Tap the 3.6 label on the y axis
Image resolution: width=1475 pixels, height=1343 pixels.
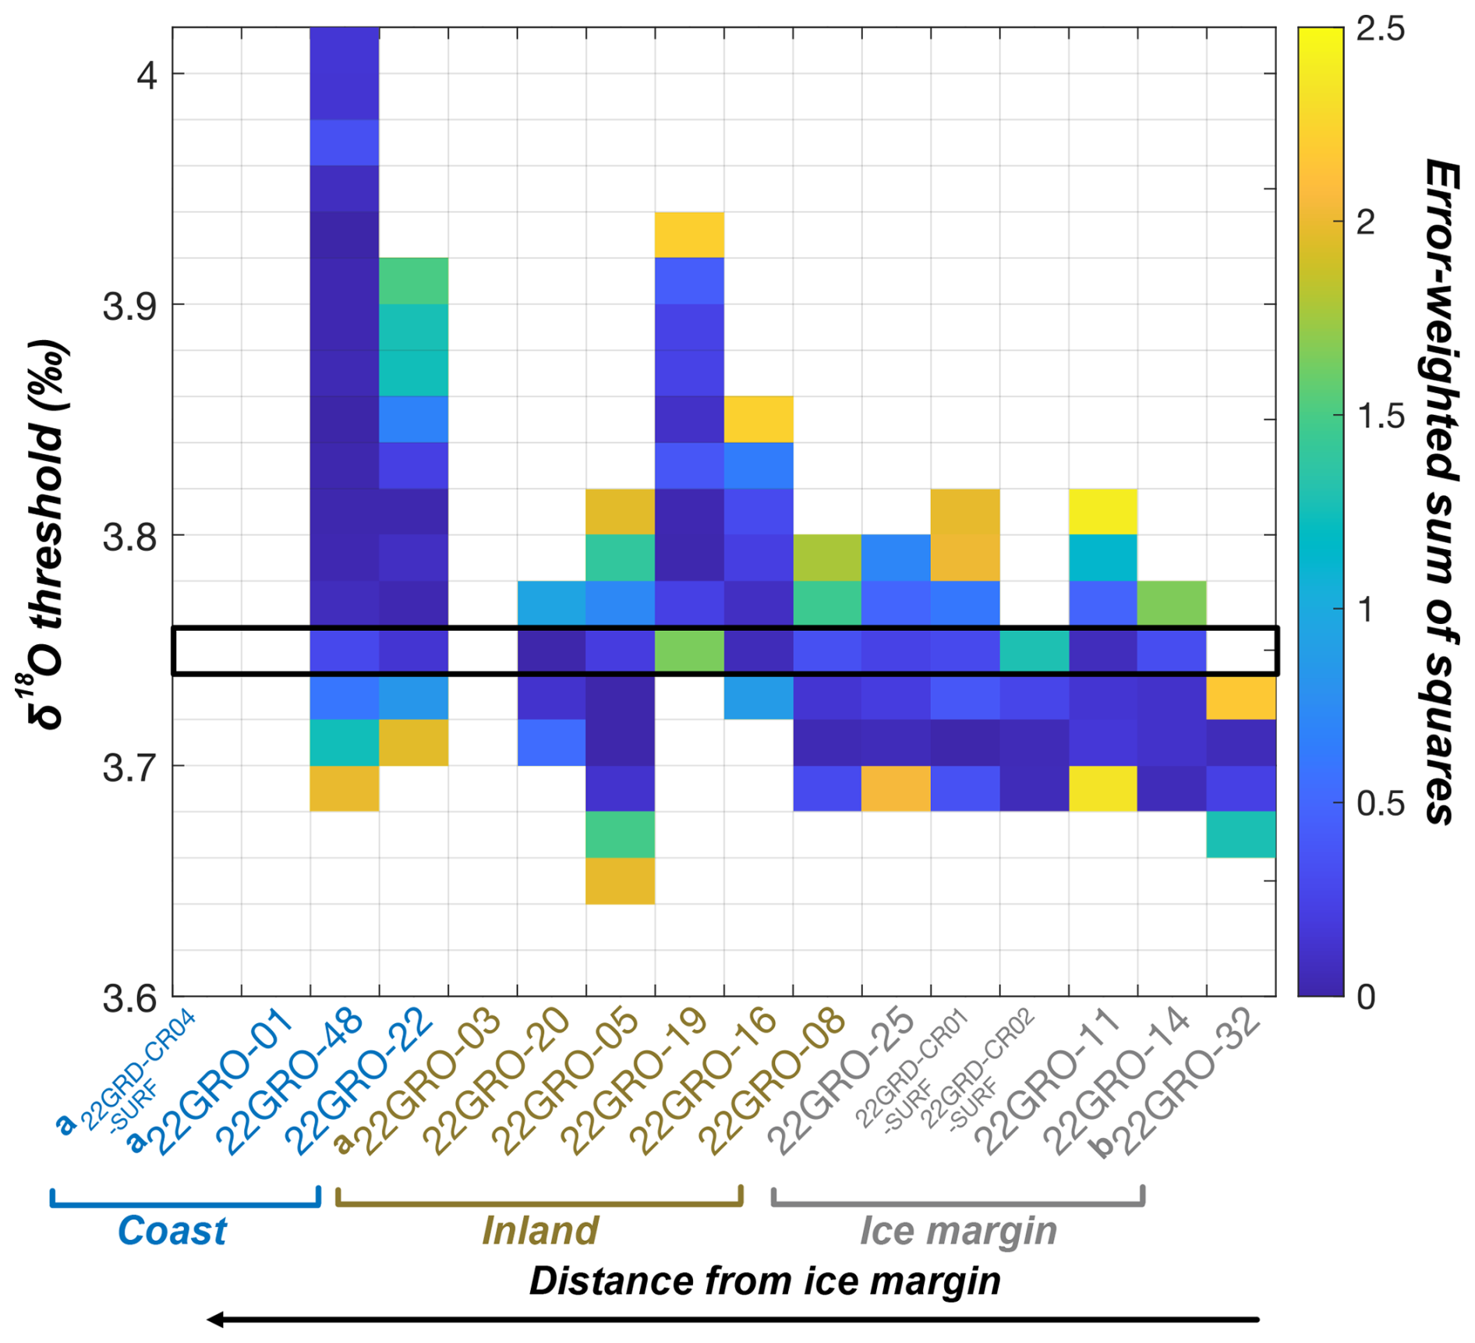tap(129, 998)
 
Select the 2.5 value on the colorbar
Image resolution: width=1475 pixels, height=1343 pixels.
tap(1380, 30)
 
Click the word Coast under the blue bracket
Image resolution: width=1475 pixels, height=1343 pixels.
tap(172, 1231)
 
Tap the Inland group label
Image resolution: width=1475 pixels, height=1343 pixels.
tap(539, 1231)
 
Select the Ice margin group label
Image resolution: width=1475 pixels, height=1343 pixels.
tap(958, 1231)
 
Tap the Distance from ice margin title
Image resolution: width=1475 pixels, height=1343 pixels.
tap(764, 1281)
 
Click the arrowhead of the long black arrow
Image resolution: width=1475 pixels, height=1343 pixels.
tap(214, 1320)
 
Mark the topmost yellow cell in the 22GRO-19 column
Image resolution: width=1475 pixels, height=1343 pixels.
tap(689, 235)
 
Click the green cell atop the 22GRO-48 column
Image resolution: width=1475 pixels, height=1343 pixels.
tap(413, 281)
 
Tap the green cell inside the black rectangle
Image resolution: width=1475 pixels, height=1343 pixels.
tap(689, 650)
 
